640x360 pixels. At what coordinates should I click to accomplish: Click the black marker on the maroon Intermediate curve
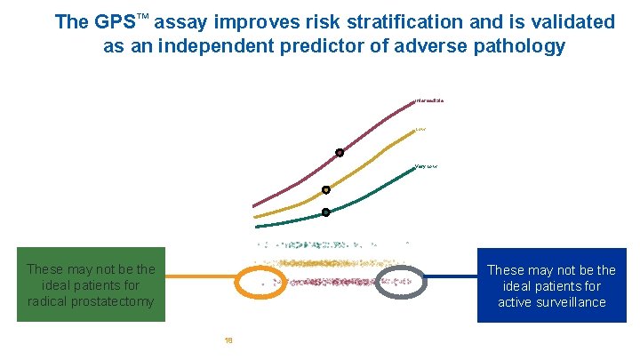click(340, 153)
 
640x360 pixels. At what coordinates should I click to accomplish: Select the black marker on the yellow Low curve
click(326, 189)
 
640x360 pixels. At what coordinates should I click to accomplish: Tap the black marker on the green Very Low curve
click(326, 212)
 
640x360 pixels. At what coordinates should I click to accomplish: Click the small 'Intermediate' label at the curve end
click(429, 100)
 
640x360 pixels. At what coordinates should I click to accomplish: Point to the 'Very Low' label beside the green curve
click(426, 166)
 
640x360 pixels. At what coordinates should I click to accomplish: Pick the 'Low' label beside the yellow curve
click(420, 130)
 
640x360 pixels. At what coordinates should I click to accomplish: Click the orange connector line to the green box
click(200, 276)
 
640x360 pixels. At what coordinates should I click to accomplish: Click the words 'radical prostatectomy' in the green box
click(91, 302)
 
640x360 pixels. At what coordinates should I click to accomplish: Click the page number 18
click(228, 339)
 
